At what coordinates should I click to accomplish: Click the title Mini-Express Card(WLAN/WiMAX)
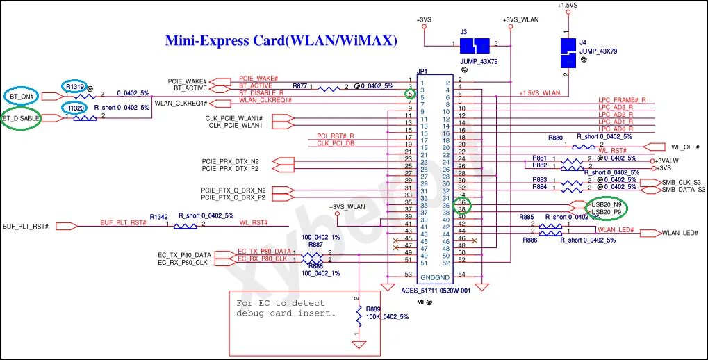click(x=281, y=40)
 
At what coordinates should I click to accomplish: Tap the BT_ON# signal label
click(x=24, y=95)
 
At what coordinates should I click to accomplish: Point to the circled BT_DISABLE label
click(x=21, y=119)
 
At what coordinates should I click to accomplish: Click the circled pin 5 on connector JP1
click(x=411, y=94)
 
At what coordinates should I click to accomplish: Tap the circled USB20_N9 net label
click(x=605, y=205)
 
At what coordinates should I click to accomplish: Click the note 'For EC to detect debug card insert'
click(x=286, y=308)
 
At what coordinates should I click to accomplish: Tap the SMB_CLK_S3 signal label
click(x=683, y=182)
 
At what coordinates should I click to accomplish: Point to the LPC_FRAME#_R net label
click(x=622, y=100)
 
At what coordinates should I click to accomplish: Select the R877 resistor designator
click(x=299, y=86)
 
